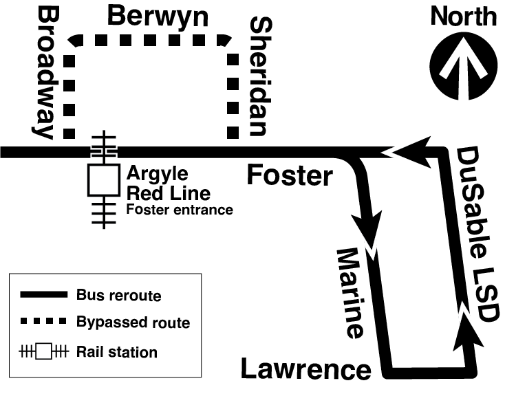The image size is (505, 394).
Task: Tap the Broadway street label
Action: pos(47,73)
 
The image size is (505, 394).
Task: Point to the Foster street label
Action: pos(290,177)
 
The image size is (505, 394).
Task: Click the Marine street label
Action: pos(350,294)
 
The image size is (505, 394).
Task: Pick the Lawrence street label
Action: pos(305,369)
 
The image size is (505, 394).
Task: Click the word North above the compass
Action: pos(463,15)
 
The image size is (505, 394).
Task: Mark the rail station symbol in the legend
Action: pos(45,351)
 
